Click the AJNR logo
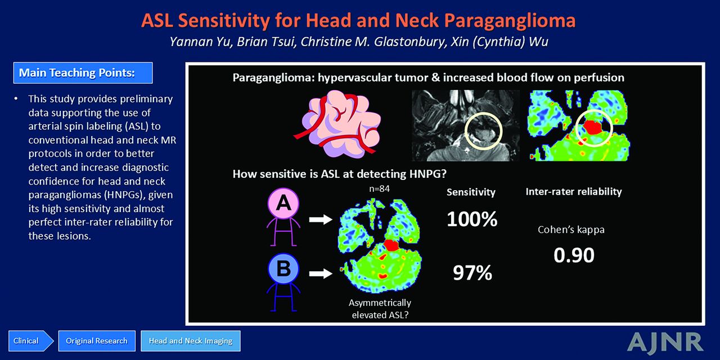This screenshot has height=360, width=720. point(665,343)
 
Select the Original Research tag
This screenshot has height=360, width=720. point(97,341)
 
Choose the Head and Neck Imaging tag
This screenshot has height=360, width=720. point(191,341)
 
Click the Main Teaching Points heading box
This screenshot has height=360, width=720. point(83,73)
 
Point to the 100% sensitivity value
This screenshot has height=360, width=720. point(472,219)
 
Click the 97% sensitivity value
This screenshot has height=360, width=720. point(472,273)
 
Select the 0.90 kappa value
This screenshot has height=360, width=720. point(574,255)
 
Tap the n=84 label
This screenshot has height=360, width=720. point(379,188)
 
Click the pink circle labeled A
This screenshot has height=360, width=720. point(283,204)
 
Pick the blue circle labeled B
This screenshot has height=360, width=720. point(283,269)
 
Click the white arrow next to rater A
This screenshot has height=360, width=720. point(321,220)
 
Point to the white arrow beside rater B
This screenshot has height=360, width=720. point(321,273)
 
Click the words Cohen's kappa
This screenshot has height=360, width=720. point(571,230)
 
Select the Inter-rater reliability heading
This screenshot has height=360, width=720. point(574,192)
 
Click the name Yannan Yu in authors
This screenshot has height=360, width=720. point(200,42)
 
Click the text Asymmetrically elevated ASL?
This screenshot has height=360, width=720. point(380,309)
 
